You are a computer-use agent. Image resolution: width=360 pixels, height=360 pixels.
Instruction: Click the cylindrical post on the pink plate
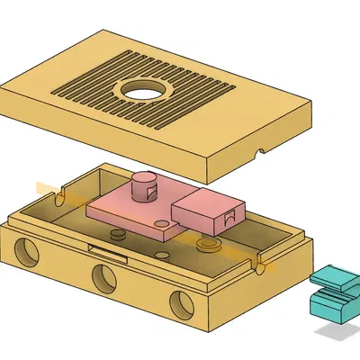click(142, 187)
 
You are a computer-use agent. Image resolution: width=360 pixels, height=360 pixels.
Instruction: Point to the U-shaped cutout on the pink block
click(231, 217)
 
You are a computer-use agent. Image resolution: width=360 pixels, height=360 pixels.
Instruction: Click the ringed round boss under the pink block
click(208, 244)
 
